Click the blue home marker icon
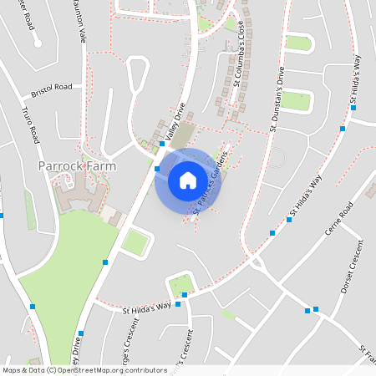point(188,180)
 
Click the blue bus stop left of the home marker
point(157,169)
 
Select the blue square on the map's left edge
point(2,216)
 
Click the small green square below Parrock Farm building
point(135,242)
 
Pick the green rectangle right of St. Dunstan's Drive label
point(295,101)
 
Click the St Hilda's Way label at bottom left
point(146,308)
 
